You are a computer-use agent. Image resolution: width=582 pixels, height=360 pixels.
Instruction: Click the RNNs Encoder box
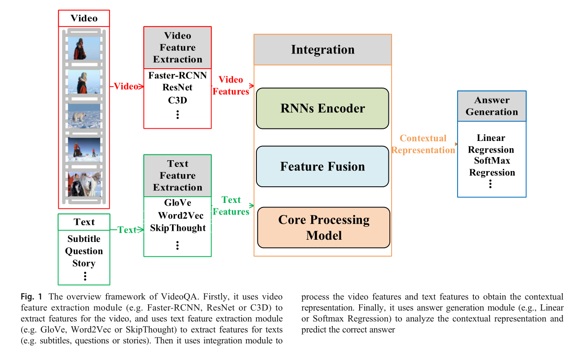(x=322, y=108)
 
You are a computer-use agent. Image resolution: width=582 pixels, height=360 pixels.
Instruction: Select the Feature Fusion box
(x=322, y=167)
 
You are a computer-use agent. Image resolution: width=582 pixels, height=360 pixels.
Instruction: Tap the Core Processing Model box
(x=323, y=227)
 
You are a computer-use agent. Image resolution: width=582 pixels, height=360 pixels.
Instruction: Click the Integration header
(x=322, y=49)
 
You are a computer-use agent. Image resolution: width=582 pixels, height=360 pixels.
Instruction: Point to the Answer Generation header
(x=492, y=106)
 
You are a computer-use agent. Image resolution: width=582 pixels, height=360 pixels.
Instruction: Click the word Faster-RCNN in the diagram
(x=177, y=75)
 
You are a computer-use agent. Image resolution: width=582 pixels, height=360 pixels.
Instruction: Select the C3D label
(x=177, y=100)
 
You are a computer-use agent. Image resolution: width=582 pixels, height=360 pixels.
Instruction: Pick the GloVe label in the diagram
(x=177, y=203)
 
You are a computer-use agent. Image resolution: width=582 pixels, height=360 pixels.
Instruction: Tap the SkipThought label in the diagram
(x=178, y=228)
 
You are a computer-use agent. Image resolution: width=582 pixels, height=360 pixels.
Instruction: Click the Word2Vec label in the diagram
(x=181, y=215)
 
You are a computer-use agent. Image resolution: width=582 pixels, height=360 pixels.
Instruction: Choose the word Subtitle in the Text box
(x=84, y=239)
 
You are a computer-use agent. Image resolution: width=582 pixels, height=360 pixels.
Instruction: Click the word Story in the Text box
(x=84, y=263)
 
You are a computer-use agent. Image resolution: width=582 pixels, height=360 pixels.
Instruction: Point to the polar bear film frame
(x=84, y=116)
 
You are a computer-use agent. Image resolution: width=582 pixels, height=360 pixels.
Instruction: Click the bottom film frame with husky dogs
(x=84, y=184)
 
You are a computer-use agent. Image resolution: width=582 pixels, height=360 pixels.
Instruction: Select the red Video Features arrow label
(x=231, y=85)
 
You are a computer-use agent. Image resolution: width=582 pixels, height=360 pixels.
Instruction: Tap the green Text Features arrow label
(x=231, y=206)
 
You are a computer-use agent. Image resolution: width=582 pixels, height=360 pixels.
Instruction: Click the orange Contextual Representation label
(x=423, y=144)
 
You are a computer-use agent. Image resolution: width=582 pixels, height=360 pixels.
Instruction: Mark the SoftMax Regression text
(x=492, y=167)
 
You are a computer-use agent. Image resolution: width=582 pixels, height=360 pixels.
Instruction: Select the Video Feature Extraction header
(x=177, y=48)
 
